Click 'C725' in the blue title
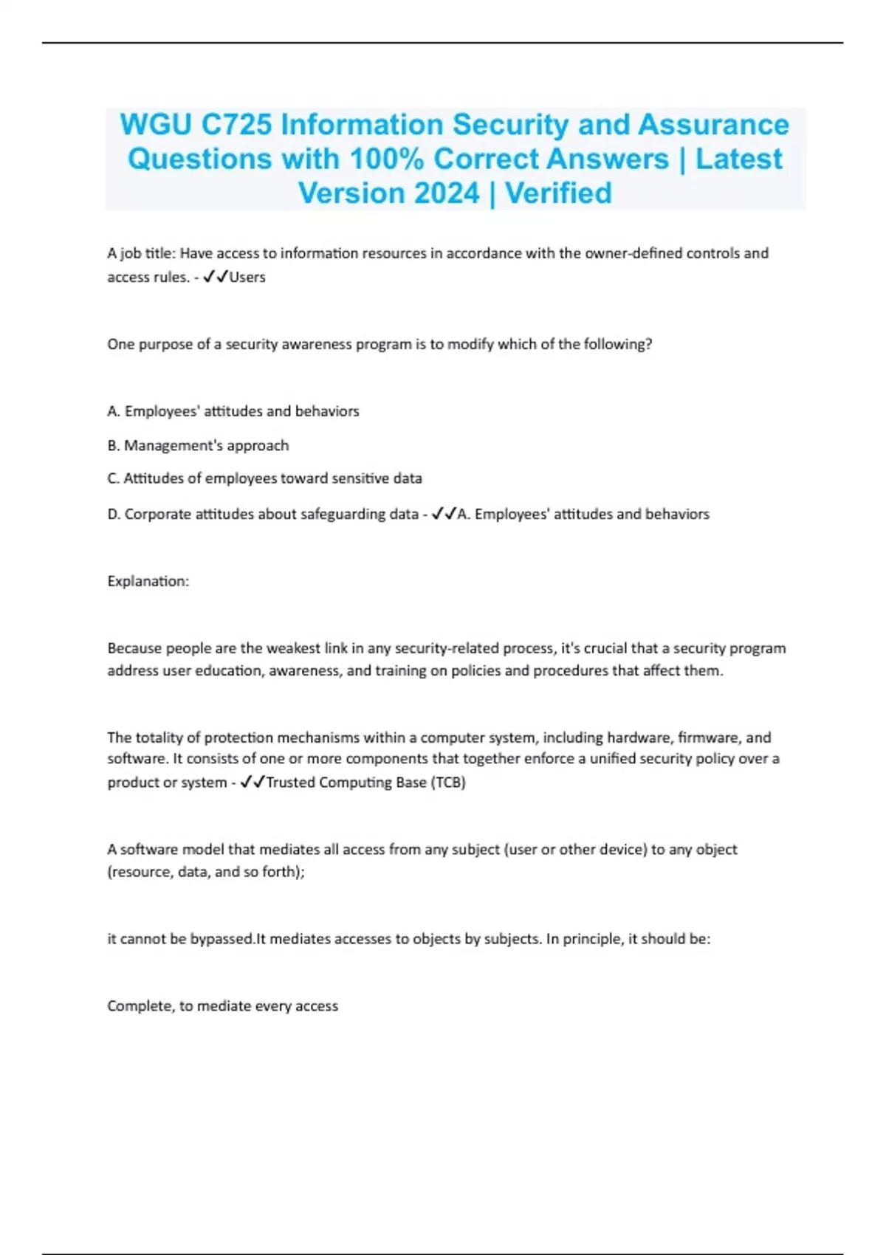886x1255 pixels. click(x=236, y=125)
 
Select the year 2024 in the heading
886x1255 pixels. click(x=447, y=193)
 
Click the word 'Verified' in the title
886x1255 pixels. click(x=558, y=193)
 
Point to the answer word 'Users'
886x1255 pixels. click(x=247, y=278)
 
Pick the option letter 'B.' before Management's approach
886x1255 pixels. click(x=114, y=446)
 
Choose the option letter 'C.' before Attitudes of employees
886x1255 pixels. click(x=114, y=478)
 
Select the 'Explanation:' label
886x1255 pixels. click(x=148, y=582)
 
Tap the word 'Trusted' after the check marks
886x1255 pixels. click(x=289, y=783)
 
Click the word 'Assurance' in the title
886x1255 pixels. click(x=713, y=125)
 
